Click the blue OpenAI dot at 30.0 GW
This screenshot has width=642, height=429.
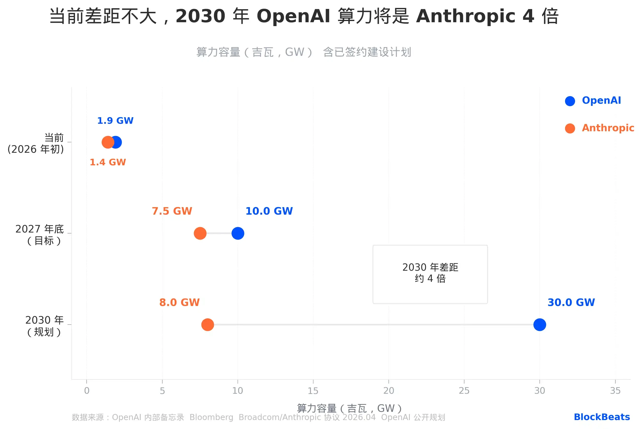click(539, 325)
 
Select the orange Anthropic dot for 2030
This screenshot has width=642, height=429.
click(208, 325)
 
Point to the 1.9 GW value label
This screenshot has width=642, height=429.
click(115, 121)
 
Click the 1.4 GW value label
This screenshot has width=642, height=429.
click(108, 162)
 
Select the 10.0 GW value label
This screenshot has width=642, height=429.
click(269, 211)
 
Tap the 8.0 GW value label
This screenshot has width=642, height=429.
click(179, 302)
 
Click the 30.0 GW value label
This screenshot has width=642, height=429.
click(571, 302)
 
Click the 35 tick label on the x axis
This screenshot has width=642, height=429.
click(615, 391)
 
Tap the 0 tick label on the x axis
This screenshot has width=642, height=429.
click(87, 391)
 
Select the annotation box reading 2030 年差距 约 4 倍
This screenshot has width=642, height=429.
click(430, 274)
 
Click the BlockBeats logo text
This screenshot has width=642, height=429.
click(601, 417)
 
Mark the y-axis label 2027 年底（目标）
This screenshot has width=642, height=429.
click(40, 235)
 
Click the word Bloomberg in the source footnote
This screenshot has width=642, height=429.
click(211, 417)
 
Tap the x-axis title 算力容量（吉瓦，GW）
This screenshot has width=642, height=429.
click(349, 408)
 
